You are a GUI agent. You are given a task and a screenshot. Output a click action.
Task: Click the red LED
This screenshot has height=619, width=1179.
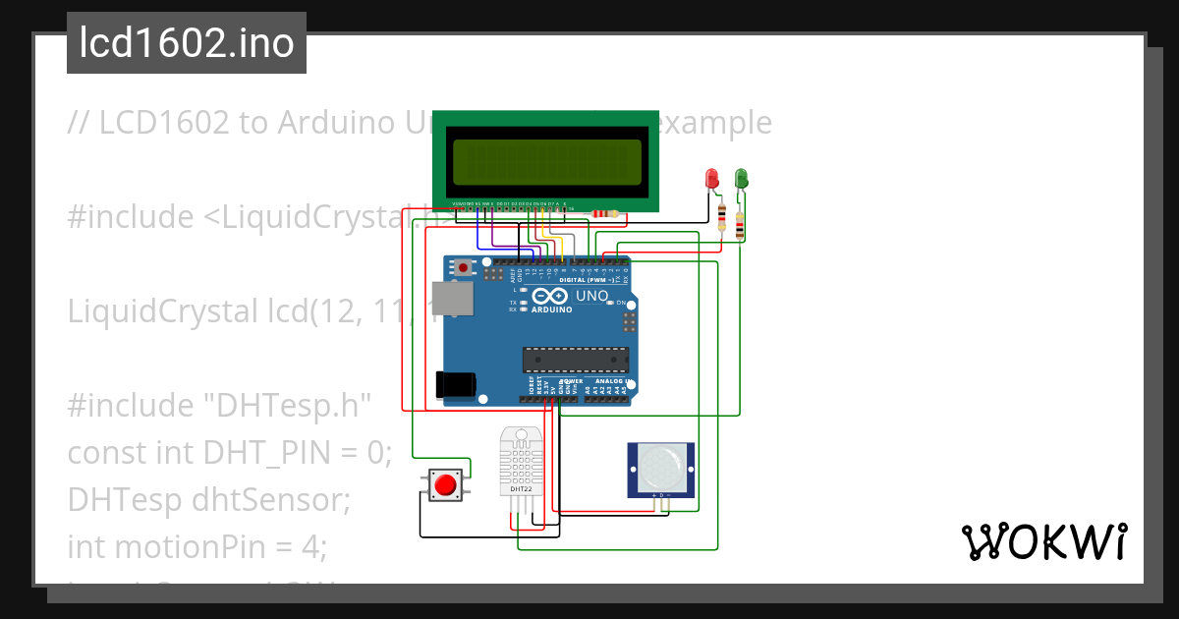(x=712, y=179)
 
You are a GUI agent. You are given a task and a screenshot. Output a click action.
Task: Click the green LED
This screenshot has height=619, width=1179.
(x=742, y=179)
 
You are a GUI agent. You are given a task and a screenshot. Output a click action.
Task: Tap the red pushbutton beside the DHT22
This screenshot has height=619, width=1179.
(x=446, y=484)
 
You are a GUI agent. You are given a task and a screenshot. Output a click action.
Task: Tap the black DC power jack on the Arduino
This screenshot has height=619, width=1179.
(x=457, y=383)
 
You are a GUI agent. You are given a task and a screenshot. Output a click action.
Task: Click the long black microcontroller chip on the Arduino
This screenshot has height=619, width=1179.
(x=575, y=361)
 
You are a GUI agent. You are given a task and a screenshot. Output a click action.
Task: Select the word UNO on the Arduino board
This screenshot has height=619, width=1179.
(x=591, y=295)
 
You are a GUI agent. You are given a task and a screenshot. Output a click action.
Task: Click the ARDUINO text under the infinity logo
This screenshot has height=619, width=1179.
(x=550, y=309)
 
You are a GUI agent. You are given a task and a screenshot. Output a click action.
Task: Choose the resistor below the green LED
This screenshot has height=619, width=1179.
(x=740, y=227)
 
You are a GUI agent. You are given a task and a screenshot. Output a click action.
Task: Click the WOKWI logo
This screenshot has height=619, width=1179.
(x=1043, y=540)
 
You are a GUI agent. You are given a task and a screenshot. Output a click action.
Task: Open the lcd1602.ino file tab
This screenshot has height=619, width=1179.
(x=187, y=43)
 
